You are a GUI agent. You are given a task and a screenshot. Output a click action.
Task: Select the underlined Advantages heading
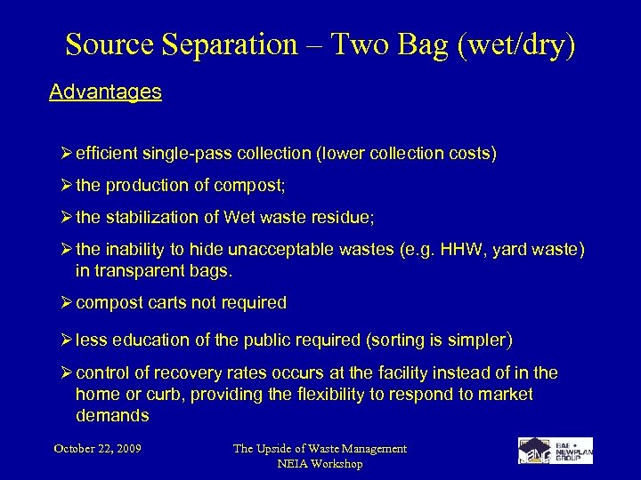(x=105, y=92)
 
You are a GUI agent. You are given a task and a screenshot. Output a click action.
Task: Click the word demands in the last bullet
(x=112, y=415)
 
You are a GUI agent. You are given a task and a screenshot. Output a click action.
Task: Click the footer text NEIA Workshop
(x=320, y=464)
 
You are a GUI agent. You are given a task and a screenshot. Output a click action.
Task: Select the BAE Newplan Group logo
(x=555, y=451)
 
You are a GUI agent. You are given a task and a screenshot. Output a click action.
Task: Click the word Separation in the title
(x=216, y=46)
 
